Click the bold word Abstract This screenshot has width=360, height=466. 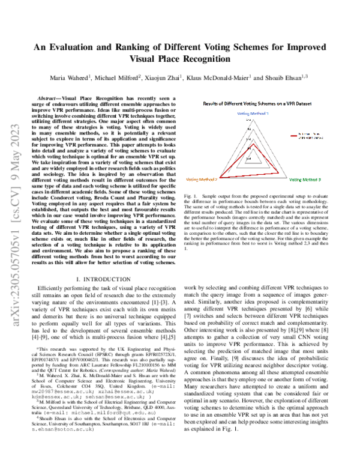click(x=50, y=97)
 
